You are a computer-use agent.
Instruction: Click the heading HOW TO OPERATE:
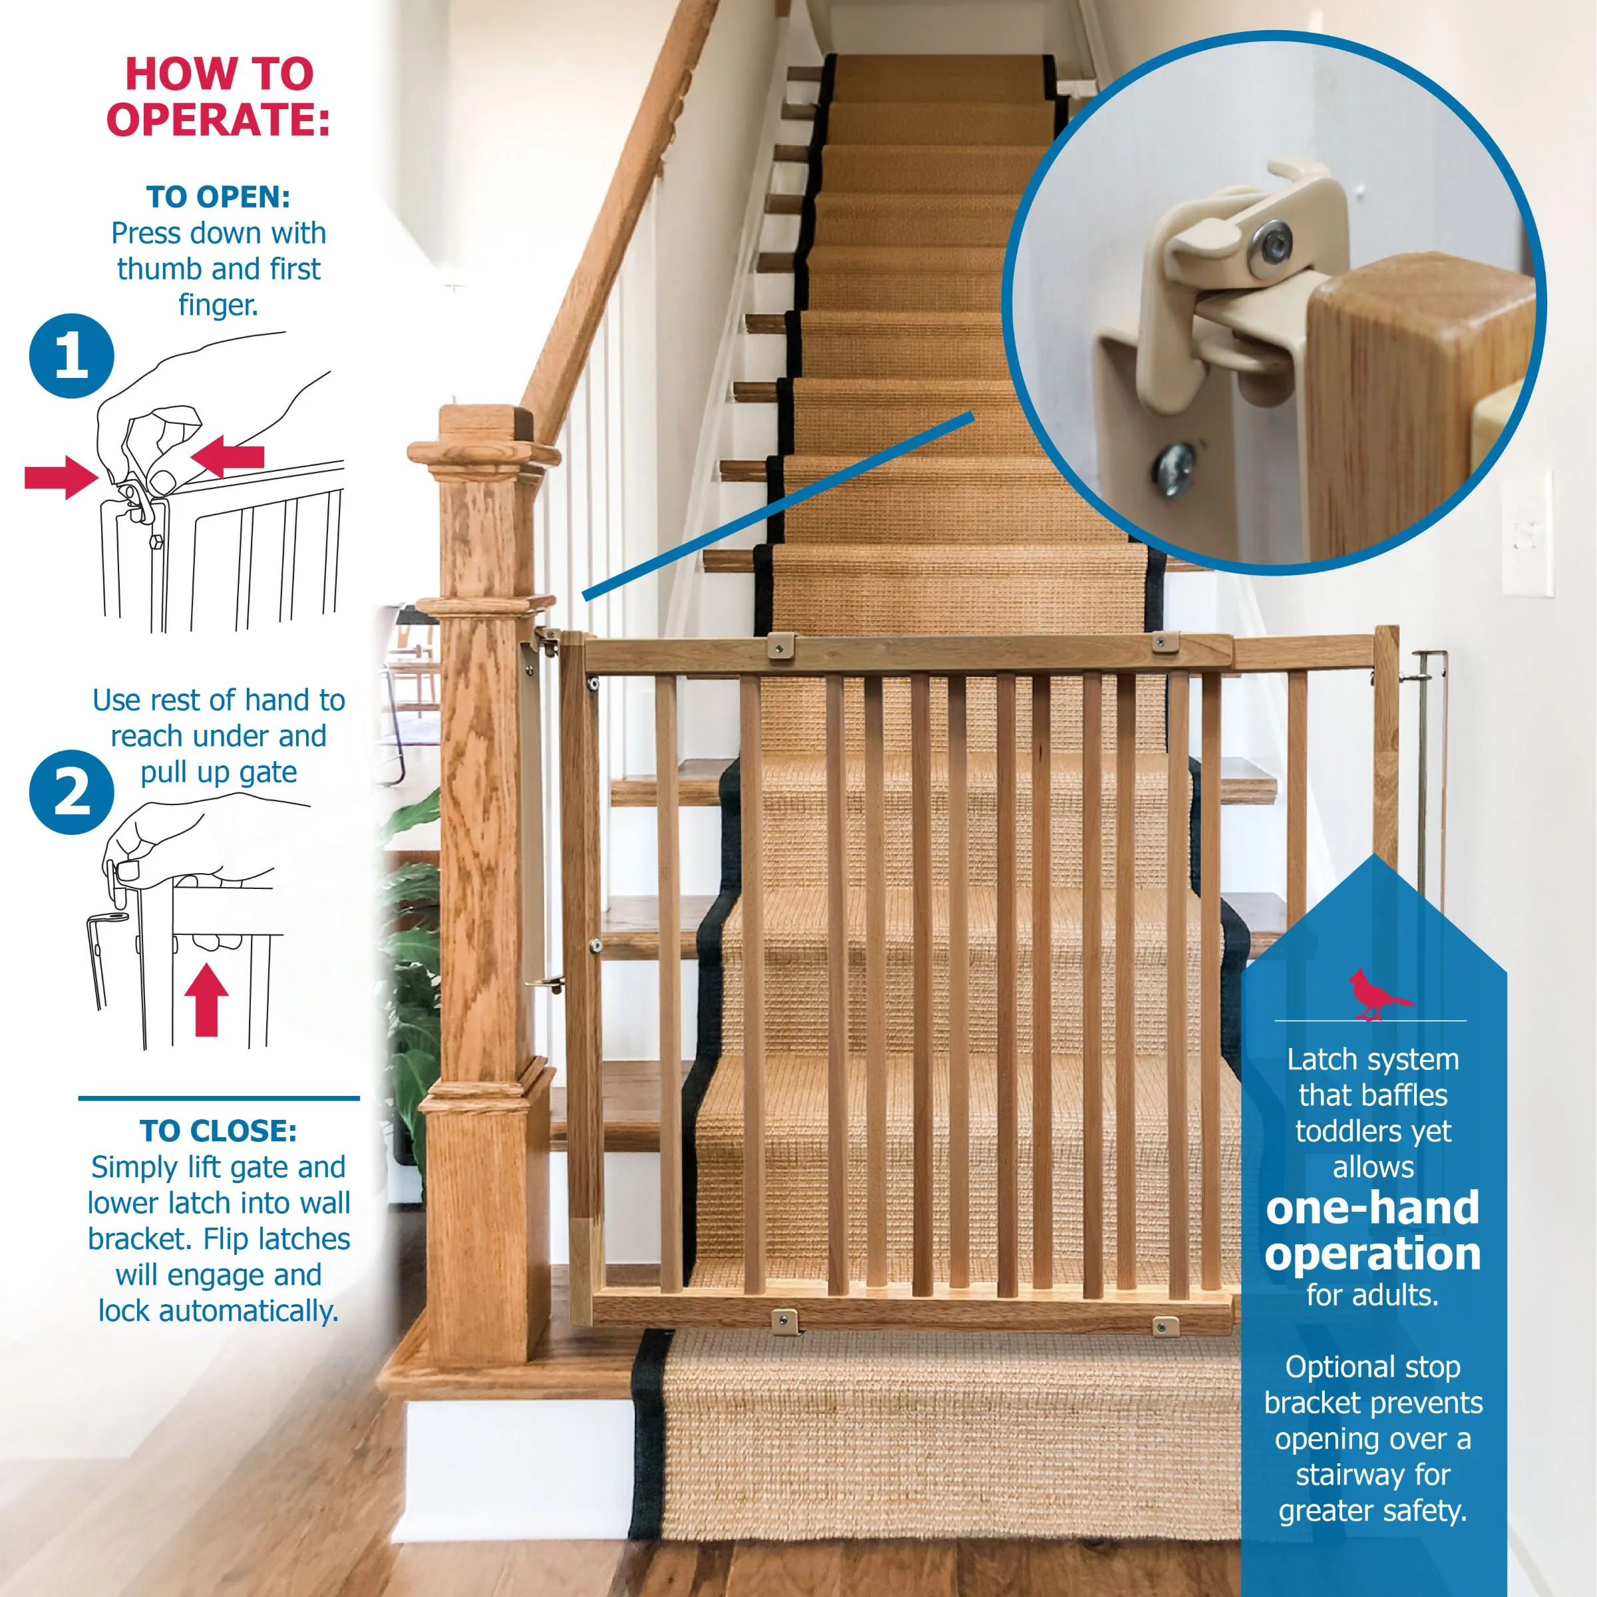219,96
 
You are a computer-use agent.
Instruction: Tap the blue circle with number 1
71,356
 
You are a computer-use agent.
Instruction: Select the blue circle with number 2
71,792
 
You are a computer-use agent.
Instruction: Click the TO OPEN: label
218,197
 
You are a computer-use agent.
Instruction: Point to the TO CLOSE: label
218,1131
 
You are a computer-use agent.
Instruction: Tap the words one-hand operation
1373,1232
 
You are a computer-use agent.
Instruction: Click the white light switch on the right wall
1526,533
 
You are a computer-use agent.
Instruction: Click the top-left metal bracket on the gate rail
781,645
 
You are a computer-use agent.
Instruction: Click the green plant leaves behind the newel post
413,951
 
